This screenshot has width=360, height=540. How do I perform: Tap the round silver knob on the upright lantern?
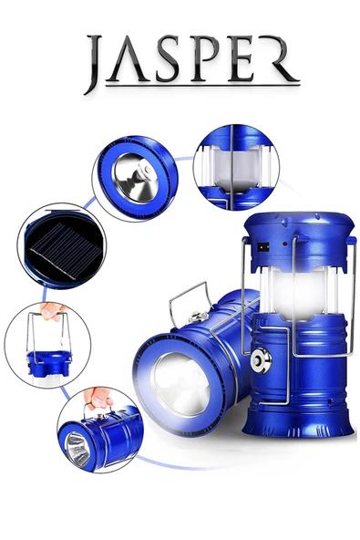pyautogui.click(x=261, y=360)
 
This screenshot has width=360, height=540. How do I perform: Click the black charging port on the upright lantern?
pyautogui.click(x=263, y=246)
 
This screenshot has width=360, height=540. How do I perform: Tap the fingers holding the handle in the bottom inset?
pyautogui.click(x=98, y=399)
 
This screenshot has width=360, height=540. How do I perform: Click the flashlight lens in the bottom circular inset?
pyautogui.click(x=77, y=449)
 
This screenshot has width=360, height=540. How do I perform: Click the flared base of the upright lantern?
pyautogui.click(x=298, y=425)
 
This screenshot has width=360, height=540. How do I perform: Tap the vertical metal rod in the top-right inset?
pyautogui.click(x=231, y=167)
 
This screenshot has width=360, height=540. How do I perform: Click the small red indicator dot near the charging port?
pyautogui.click(x=285, y=244)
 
